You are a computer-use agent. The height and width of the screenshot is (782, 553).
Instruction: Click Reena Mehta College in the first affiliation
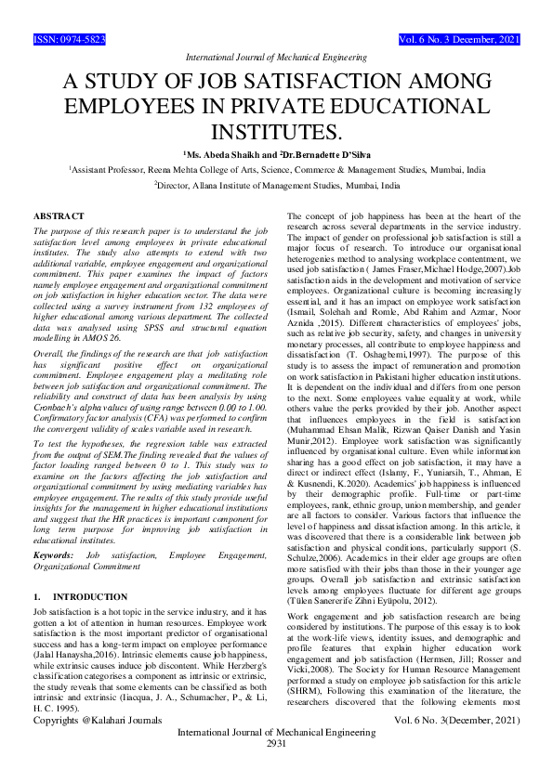tap(177, 171)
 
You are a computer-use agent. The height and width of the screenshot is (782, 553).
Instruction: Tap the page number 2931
tap(276, 769)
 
